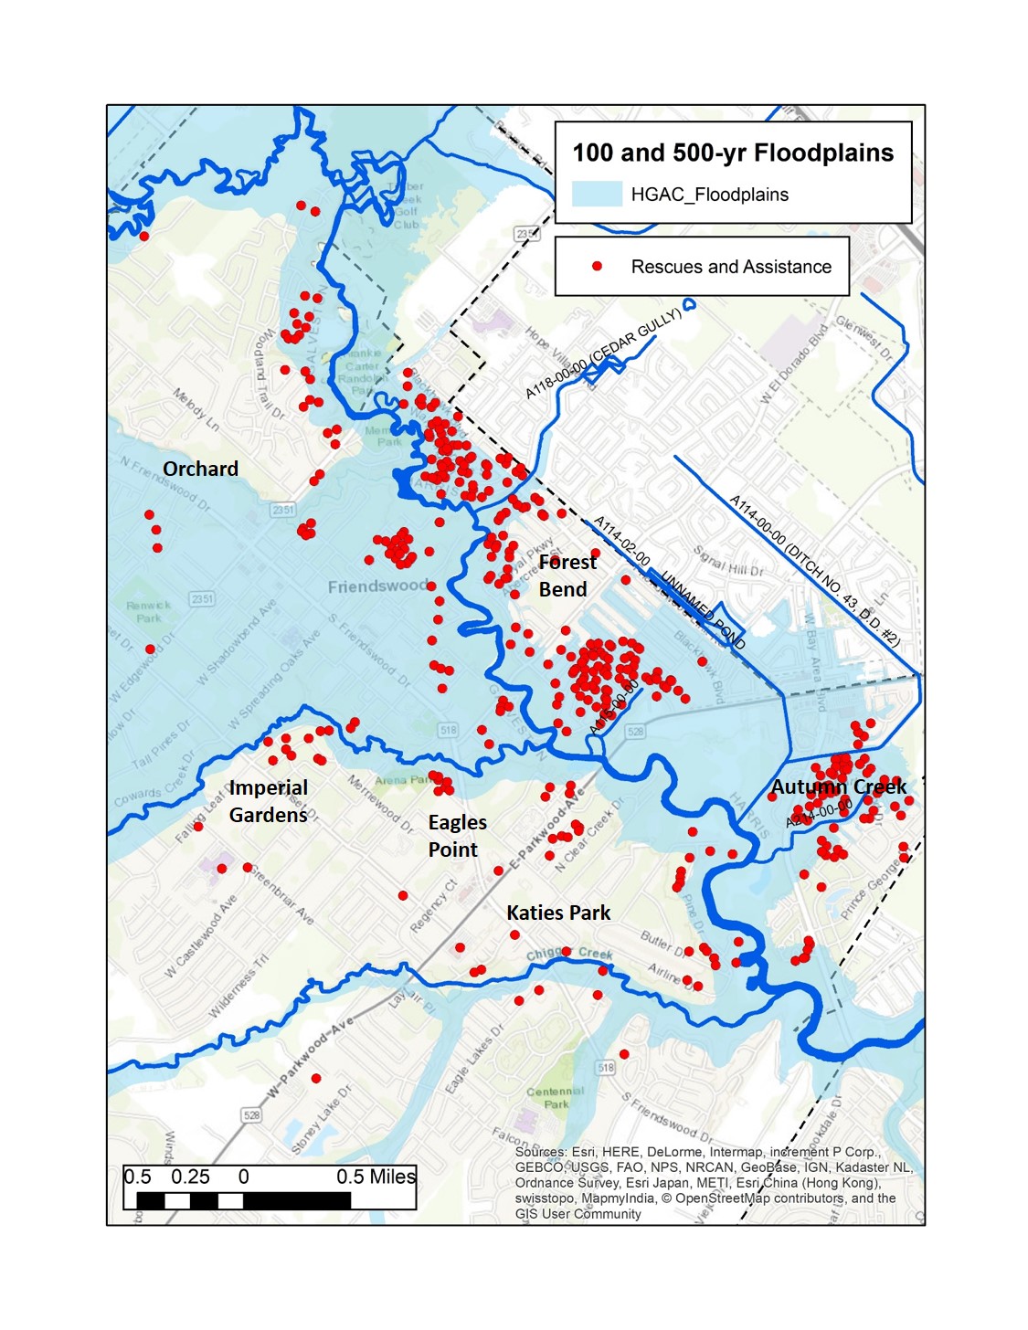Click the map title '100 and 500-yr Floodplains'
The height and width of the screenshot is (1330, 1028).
tap(733, 153)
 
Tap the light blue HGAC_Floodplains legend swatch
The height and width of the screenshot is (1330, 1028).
tap(597, 194)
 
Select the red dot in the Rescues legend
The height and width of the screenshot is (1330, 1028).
tap(597, 267)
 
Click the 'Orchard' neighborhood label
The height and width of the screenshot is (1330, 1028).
tap(200, 469)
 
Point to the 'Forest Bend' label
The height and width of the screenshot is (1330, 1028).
tap(567, 575)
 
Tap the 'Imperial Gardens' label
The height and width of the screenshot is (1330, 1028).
tap(268, 801)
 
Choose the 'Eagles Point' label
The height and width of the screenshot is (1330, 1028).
tap(457, 836)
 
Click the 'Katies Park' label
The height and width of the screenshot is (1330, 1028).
tap(558, 913)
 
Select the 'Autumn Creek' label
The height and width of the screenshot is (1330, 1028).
tap(838, 786)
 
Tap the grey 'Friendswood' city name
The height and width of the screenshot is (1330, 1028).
tap(377, 586)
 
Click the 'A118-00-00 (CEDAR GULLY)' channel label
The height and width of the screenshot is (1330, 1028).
tap(603, 354)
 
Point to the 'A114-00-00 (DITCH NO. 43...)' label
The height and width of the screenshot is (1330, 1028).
tap(814, 570)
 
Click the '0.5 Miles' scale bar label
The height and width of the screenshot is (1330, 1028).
tap(376, 1177)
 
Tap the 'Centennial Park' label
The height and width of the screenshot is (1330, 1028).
tap(555, 1097)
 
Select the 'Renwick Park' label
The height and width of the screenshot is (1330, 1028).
tap(149, 611)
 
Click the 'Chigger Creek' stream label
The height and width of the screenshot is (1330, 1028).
tap(569, 954)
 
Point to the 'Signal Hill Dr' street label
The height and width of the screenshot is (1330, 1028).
tap(728, 561)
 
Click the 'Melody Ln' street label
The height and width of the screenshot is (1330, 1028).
tap(196, 409)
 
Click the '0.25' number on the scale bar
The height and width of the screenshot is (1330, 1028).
tap(190, 1177)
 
